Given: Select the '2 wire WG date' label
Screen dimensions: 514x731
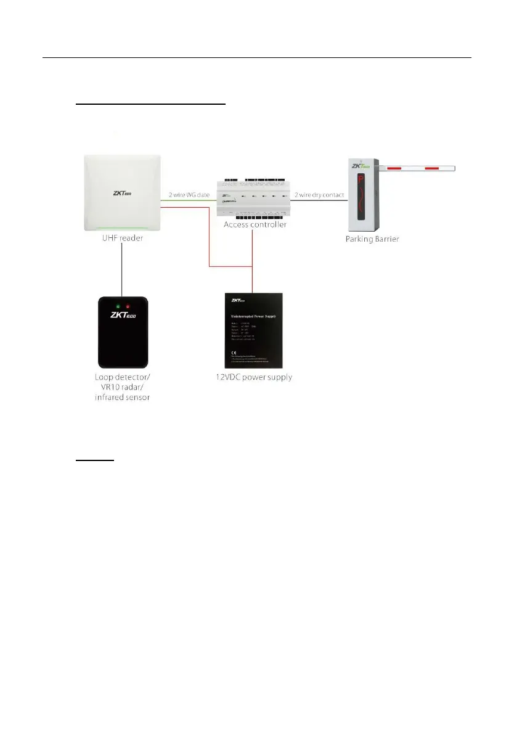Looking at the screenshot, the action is [x=190, y=195].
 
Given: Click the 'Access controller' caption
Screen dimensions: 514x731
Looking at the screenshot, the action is [x=252, y=225].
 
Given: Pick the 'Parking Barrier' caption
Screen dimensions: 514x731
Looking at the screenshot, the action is [x=372, y=239].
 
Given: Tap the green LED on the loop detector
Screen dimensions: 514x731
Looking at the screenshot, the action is [x=116, y=306].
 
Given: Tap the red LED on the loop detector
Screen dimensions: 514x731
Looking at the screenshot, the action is [x=128, y=306].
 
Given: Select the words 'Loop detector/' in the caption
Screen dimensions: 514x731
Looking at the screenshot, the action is [x=121, y=377].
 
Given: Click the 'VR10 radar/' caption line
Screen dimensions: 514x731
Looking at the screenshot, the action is [x=121, y=387].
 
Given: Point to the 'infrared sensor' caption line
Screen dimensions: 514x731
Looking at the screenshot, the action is [x=121, y=398].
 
